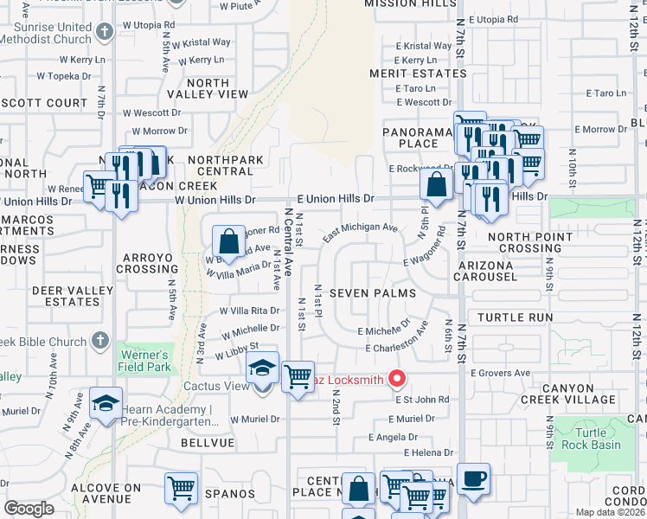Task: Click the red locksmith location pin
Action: coord(397,378)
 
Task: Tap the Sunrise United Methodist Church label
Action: coord(51,33)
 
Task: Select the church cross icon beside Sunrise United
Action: coord(105,33)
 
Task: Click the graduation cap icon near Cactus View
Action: coord(262,368)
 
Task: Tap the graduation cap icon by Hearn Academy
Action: coord(106,405)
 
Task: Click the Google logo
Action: coord(29,509)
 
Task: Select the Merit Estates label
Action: coord(419,74)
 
